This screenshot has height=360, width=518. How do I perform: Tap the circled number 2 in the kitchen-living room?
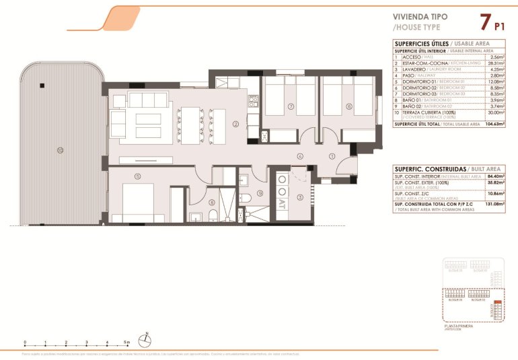tap(235, 124)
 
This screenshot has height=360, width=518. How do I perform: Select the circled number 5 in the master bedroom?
tap(137, 176)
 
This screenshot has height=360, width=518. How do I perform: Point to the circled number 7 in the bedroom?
tap(290, 106)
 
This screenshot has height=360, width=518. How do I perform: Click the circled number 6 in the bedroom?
tap(348, 106)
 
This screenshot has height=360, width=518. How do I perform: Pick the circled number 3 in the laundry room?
tap(299, 196)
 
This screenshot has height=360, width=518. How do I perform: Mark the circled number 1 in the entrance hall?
tap(332, 155)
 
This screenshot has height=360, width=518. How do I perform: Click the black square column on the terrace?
tap(42, 85)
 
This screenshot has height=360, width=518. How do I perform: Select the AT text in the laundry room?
tap(281, 201)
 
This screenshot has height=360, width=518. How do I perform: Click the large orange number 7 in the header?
tap(484, 22)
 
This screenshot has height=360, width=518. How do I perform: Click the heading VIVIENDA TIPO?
tap(420, 18)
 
